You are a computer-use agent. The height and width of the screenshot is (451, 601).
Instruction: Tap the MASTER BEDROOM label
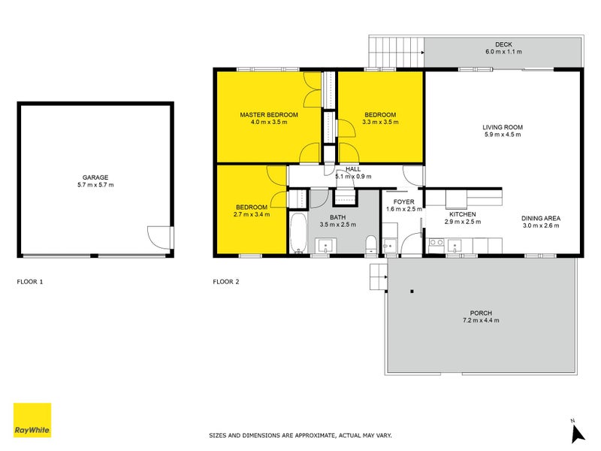point(269,114)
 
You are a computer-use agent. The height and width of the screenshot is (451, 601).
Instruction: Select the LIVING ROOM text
point(502,127)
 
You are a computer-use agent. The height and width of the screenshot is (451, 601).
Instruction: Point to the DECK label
point(503,44)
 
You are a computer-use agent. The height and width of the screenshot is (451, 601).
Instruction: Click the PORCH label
point(481,313)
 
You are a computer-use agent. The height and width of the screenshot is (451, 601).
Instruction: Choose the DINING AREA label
point(541,219)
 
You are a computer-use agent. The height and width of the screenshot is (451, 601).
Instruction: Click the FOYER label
point(403,201)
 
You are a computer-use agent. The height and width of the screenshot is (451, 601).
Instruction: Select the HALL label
point(353,170)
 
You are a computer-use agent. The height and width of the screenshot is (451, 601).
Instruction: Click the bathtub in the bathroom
point(297,232)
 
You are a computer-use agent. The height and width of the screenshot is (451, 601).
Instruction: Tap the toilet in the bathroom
point(370,245)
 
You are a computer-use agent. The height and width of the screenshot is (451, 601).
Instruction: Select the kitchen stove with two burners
point(434,244)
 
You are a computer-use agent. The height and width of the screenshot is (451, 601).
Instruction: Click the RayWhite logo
point(32,420)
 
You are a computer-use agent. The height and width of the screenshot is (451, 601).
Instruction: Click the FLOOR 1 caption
point(30,282)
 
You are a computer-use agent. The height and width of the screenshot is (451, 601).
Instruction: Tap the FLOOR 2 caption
point(226,282)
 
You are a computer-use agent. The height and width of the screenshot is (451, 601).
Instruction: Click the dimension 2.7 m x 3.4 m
point(252,215)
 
